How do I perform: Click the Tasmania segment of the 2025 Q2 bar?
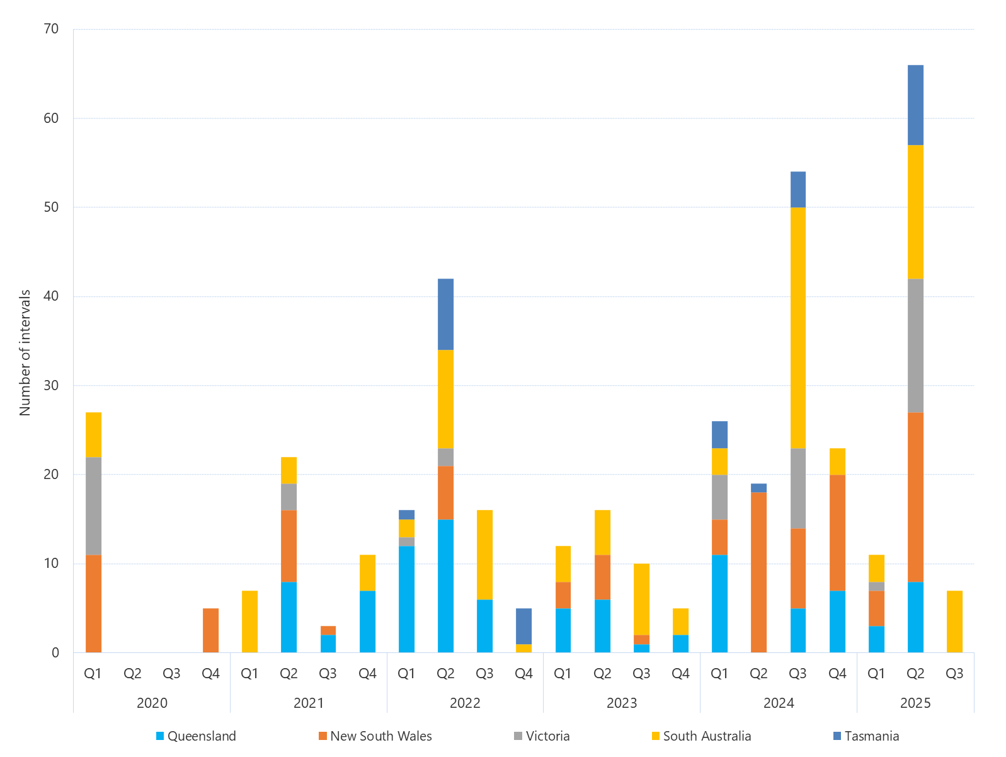click(915, 105)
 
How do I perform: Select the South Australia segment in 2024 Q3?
click(797, 328)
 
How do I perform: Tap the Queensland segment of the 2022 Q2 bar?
click(445, 586)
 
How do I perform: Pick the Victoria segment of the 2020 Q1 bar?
click(93, 506)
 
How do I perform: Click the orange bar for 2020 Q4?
click(210, 630)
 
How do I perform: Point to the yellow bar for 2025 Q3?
click(954, 621)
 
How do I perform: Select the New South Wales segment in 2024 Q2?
click(758, 572)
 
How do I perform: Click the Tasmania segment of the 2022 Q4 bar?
click(523, 626)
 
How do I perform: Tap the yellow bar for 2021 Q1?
click(249, 621)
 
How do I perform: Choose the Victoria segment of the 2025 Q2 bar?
click(915, 345)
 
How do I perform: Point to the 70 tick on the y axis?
click(51, 29)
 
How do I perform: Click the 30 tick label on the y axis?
click(51, 385)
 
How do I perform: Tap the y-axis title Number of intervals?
click(25, 352)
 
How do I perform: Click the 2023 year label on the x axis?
click(621, 703)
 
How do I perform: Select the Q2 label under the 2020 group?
click(132, 673)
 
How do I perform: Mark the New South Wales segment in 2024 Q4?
click(837, 533)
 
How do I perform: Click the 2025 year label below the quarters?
click(915, 703)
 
